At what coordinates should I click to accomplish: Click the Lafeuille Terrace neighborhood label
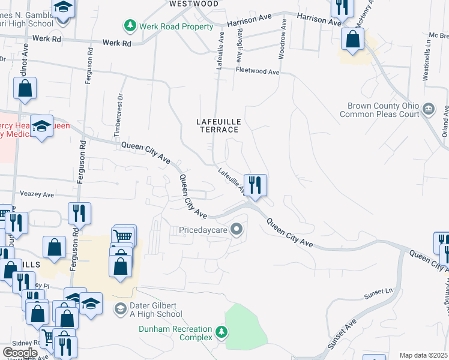(x=219, y=125)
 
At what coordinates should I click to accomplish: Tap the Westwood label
(x=194, y=4)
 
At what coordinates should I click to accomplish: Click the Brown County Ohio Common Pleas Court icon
(x=429, y=109)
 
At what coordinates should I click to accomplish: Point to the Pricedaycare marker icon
(x=238, y=229)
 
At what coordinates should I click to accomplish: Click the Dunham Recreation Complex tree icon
(x=221, y=331)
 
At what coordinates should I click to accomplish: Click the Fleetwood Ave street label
(x=258, y=72)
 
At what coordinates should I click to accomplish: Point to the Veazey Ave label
(x=37, y=195)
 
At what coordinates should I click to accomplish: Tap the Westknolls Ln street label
(x=427, y=61)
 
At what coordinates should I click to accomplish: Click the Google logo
(x=20, y=352)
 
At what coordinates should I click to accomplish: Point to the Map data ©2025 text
(x=424, y=355)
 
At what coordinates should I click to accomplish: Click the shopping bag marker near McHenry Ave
(x=353, y=40)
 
